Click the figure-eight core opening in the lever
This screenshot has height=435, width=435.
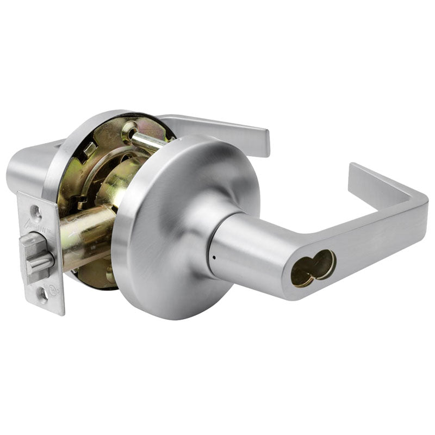[x=312, y=268]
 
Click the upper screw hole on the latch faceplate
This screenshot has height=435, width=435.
[x=36, y=210]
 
